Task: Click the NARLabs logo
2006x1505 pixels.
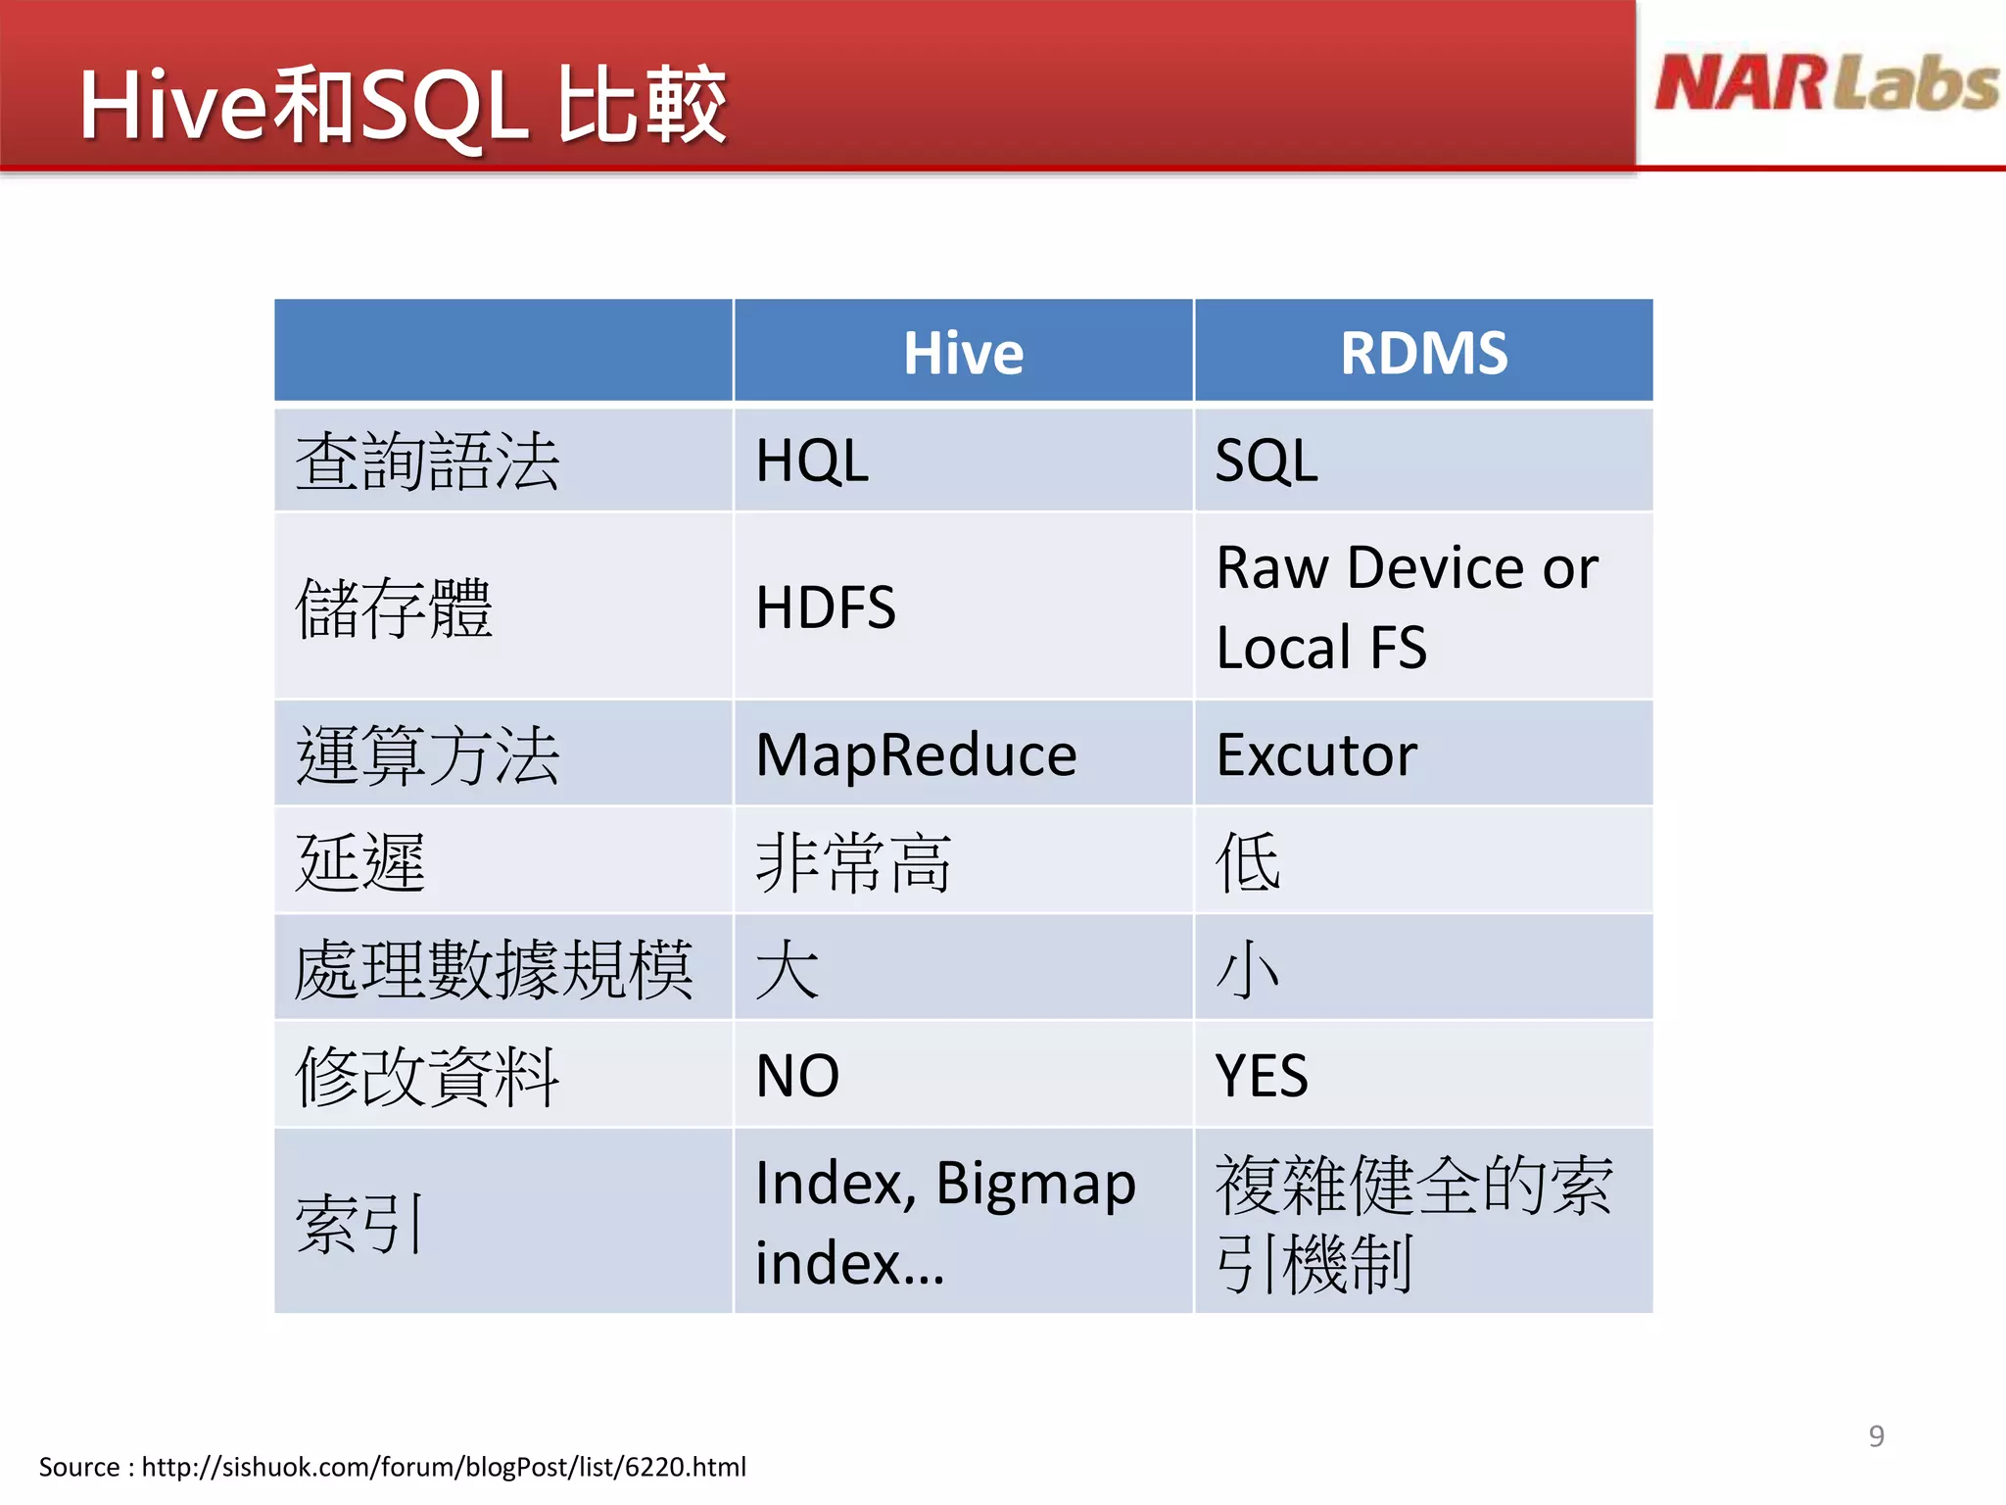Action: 1826,83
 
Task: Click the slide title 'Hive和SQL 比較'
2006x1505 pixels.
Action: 403,106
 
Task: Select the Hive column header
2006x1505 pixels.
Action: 963,353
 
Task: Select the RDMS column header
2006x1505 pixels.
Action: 1423,353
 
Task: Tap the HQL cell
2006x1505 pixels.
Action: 812,461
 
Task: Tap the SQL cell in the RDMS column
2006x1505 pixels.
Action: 1266,461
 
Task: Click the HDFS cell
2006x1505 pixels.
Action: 826,607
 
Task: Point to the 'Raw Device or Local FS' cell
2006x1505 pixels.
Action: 1406,607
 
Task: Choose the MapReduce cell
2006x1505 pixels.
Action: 916,754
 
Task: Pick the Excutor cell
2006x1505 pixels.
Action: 1316,754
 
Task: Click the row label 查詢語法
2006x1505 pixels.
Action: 427,461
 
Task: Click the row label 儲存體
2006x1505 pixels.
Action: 394,607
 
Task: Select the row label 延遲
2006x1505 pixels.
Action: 360,862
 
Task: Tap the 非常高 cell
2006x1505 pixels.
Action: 853,862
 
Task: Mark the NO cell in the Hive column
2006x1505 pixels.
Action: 797,1075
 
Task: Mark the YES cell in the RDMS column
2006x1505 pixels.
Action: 1262,1075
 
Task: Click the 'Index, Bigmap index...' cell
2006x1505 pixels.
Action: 944,1221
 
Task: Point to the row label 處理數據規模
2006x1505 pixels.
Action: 494,969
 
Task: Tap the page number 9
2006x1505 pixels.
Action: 1876,1435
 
